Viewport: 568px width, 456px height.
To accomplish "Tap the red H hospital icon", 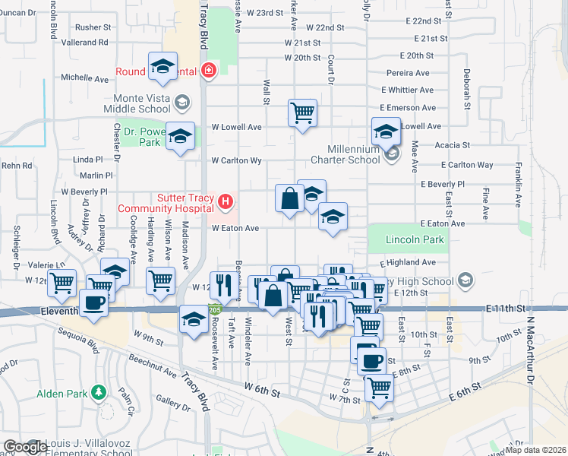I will (226, 201).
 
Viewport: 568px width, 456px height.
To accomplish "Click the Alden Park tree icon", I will (97, 393).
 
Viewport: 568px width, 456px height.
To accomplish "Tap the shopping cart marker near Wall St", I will (302, 113).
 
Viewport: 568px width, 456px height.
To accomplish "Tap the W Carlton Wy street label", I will (236, 160).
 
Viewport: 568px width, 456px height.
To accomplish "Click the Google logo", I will (26, 447).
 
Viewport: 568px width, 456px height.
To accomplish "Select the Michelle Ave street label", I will (85, 78).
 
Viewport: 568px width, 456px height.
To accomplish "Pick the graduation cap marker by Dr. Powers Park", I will (180, 137).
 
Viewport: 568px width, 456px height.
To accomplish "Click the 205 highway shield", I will (215, 310).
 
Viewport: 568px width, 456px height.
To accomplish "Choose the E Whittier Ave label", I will (410, 90).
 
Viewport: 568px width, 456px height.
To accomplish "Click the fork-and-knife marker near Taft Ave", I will (222, 285).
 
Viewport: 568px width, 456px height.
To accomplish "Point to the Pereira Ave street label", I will (407, 73).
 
